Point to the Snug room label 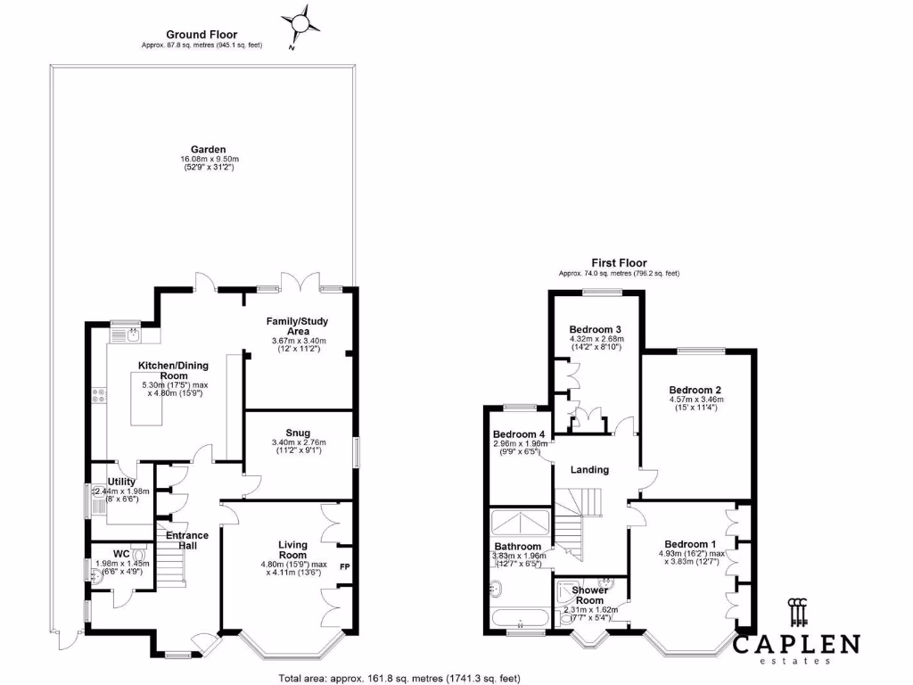coord(299,433)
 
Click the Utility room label coord(121,482)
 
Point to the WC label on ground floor coord(122,553)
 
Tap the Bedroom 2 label coord(695,390)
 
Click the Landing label coord(589,470)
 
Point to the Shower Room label coord(589,595)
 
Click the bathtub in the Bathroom coord(519,620)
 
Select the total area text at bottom coord(399,677)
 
